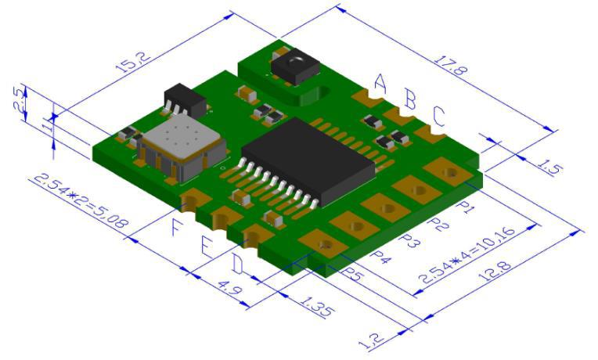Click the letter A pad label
[x=380, y=82]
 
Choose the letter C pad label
[x=438, y=117]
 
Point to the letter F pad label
[x=178, y=229]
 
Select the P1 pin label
[x=467, y=207]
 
